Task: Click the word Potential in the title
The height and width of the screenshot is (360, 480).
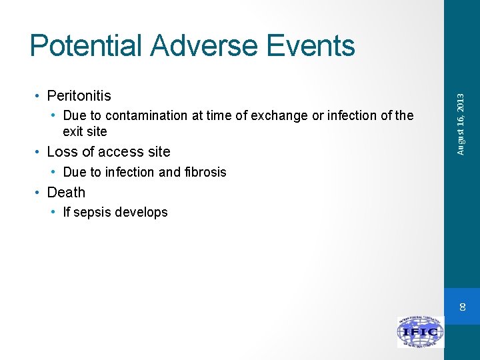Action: coord(86,45)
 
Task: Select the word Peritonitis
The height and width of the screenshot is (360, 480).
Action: coord(79,96)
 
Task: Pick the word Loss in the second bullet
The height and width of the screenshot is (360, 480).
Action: coord(62,151)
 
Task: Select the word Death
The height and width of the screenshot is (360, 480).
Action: coord(67,192)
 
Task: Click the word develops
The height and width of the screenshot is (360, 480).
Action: coord(141,213)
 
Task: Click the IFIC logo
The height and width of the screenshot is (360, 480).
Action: coord(421,331)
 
